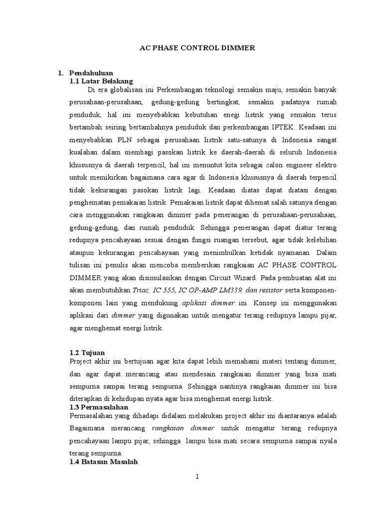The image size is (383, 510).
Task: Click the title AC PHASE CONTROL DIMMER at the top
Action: pyautogui.click(x=196, y=48)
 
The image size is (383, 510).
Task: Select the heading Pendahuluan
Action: pyautogui.click(x=91, y=73)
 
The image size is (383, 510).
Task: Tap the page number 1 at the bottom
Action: pyautogui.click(x=197, y=477)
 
